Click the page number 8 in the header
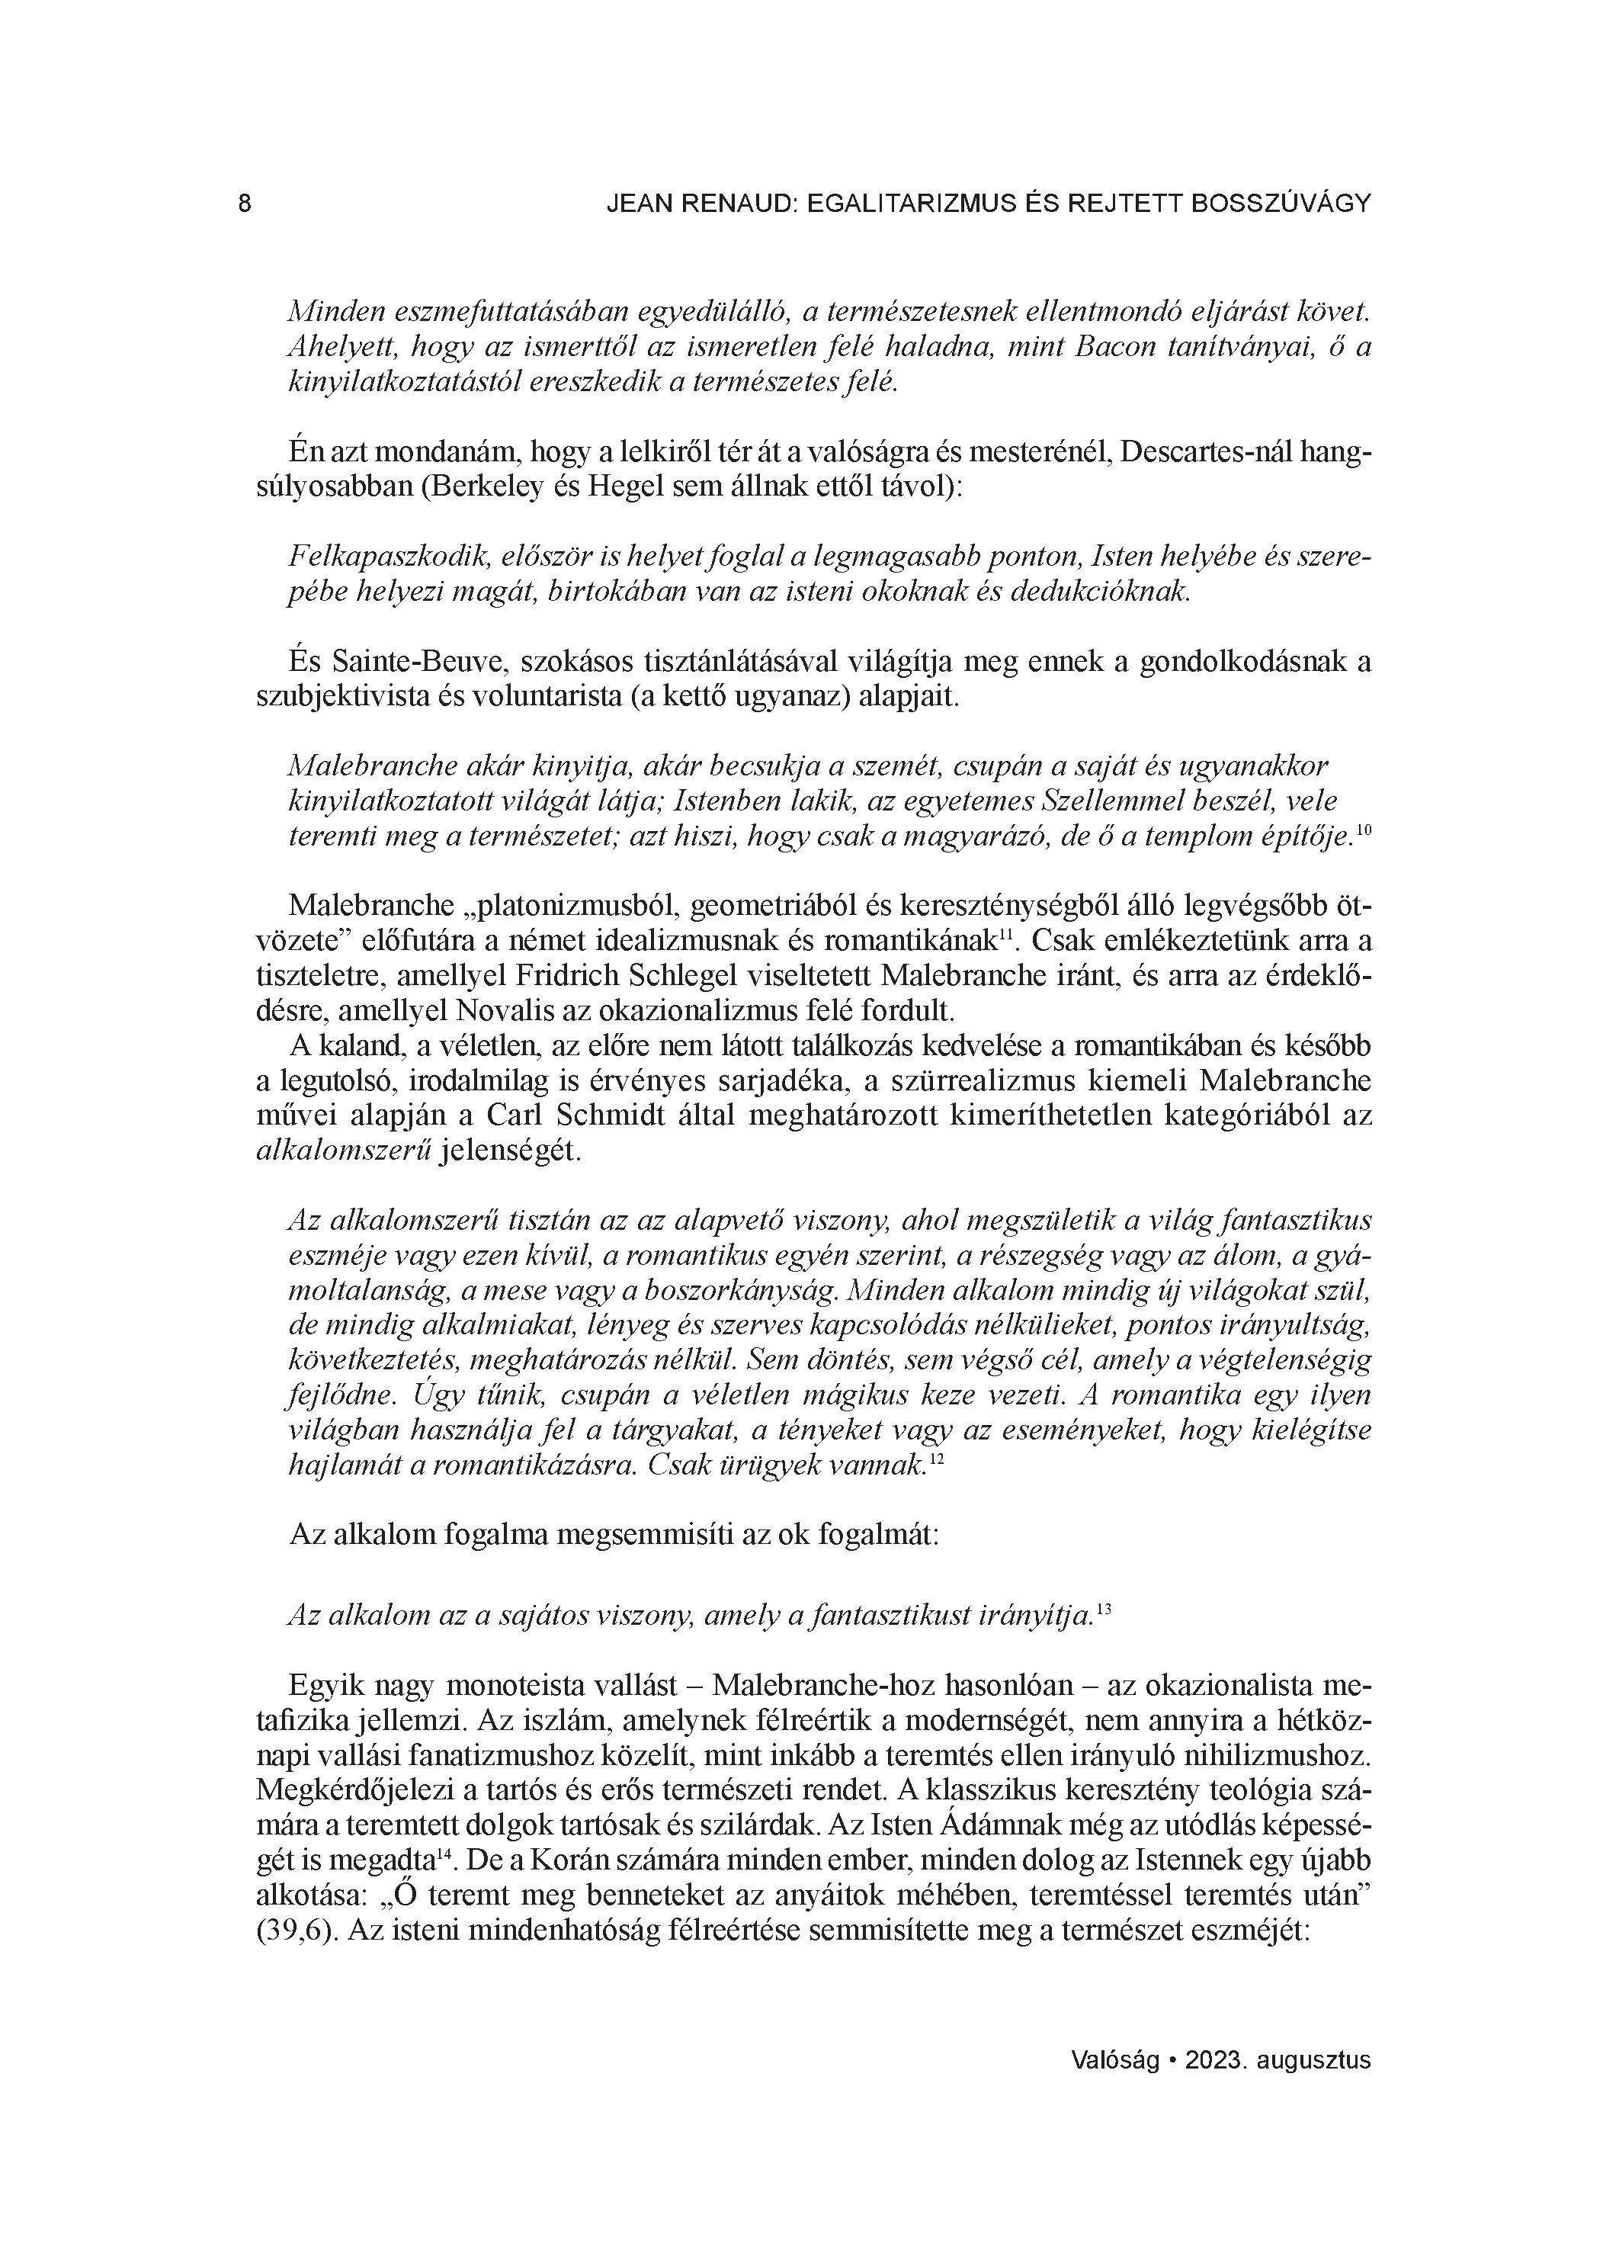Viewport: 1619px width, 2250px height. coord(245,204)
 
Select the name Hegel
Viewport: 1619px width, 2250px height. coord(622,489)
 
